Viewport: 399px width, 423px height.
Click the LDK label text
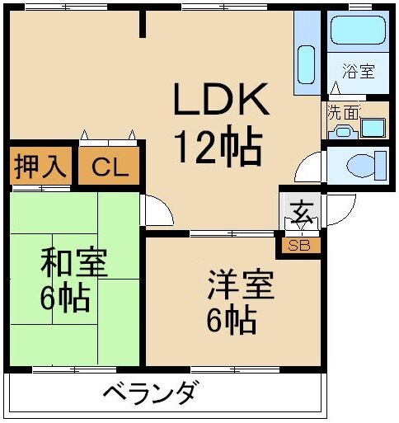click(220, 101)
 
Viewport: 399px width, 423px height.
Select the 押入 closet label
click(39, 167)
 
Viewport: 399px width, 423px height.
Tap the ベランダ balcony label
click(150, 393)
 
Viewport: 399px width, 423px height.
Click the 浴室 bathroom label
click(359, 71)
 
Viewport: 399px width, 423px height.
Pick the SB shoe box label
click(299, 245)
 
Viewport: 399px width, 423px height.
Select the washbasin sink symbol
click(373, 128)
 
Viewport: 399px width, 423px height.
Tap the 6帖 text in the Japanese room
click(64, 298)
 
